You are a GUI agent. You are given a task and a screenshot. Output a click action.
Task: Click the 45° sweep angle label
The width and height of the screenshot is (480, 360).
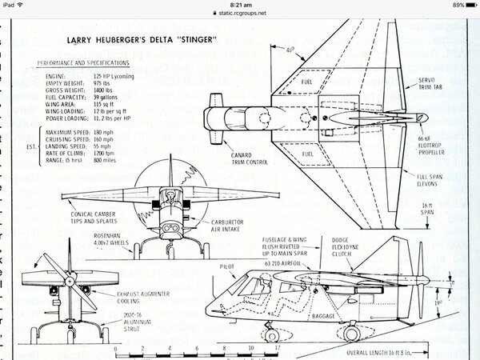tap(290, 50)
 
